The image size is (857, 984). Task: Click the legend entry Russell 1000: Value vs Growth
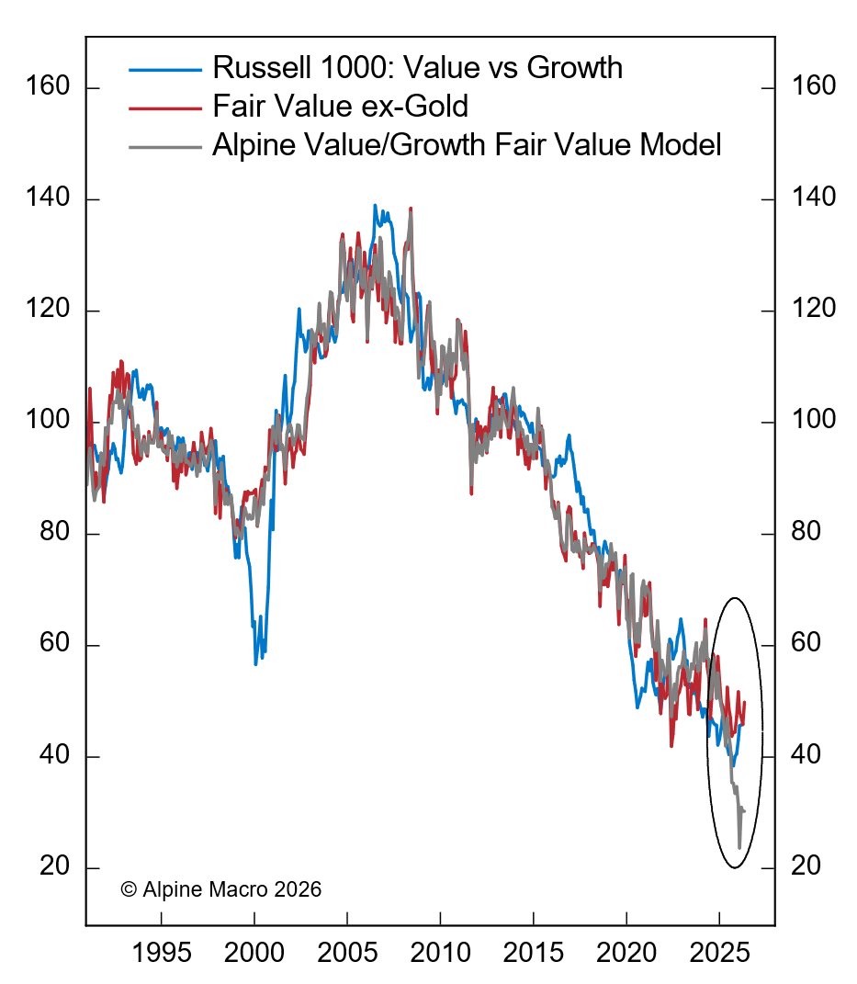click(417, 68)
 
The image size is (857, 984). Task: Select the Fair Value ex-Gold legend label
click(340, 107)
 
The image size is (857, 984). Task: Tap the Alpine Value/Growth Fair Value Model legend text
click(467, 144)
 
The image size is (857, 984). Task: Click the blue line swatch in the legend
click(164, 69)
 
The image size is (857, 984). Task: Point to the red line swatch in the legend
click(164, 107)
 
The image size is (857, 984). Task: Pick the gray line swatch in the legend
click(164, 145)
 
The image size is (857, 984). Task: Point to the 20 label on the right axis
click(801, 867)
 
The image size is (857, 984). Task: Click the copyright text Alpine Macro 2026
click(221, 889)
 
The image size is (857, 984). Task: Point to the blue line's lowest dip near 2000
click(255, 663)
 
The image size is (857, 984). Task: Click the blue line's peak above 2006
click(374, 206)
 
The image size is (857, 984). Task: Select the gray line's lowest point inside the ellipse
click(739, 847)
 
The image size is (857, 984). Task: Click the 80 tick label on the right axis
click(801, 533)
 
